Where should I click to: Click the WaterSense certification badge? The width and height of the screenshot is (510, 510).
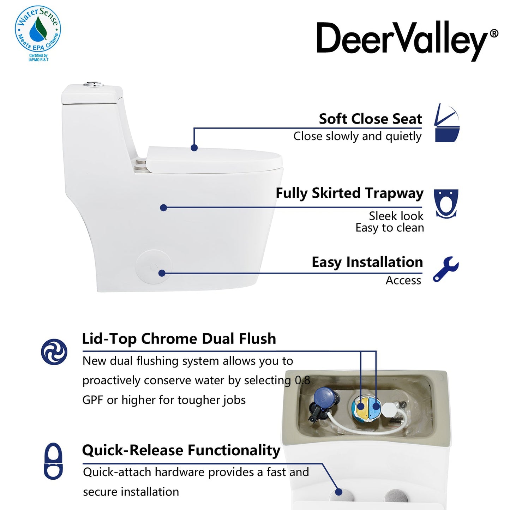[38, 33]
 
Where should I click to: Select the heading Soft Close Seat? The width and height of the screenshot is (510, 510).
[370, 119]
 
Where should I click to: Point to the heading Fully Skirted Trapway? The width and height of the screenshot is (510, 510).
[349, 193]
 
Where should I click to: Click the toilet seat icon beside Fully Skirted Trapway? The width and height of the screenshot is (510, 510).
[446, 204]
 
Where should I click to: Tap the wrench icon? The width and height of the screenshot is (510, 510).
[446, 269]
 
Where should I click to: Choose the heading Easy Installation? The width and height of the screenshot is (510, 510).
[367, 262]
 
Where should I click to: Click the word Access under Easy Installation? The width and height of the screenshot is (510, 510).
[403, 280]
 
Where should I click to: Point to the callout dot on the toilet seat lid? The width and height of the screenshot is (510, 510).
[194, 148]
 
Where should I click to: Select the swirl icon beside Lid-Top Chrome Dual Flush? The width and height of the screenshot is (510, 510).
[54, 352]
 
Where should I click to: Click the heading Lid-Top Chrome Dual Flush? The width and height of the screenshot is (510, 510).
[179, 338]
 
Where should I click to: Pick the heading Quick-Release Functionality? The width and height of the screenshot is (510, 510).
[181, 450]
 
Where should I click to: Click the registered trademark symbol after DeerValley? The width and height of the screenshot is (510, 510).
[494, 33]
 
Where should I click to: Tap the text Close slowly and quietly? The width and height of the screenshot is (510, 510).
[357, 136]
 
